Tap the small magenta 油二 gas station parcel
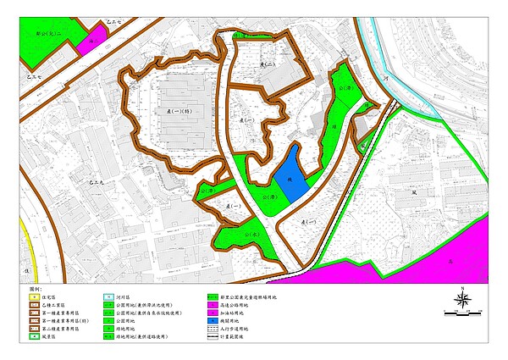tap(98, 34)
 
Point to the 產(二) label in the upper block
tap(268, 64)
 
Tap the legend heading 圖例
tap(36, 288)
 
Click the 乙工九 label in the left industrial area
tap(97, 181)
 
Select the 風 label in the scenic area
tap(415, 192)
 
